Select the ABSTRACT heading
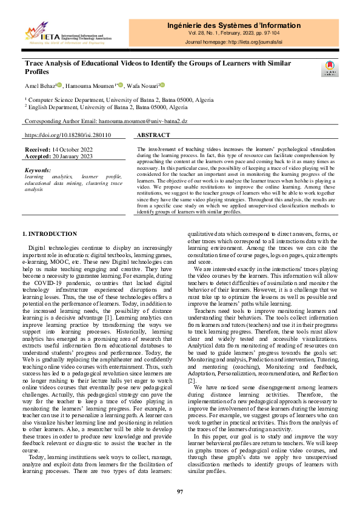154,136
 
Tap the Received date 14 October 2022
73,149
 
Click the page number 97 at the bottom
180,491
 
